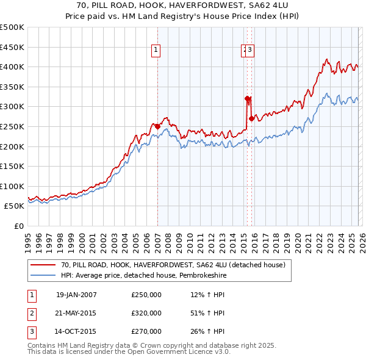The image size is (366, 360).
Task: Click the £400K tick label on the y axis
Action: point(12,67)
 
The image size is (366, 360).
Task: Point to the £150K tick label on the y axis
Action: point(12,166)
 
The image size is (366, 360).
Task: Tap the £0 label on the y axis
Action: point(18,226)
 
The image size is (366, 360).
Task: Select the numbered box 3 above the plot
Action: point(250,51)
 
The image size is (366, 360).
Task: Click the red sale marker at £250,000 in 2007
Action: point(157,126)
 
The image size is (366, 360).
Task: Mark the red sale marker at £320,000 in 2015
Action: point(247,98)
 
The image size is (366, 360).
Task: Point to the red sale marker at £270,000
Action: point(251,118)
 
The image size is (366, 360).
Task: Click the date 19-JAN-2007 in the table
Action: point(76,295)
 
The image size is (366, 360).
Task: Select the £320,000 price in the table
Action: point(146,313)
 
